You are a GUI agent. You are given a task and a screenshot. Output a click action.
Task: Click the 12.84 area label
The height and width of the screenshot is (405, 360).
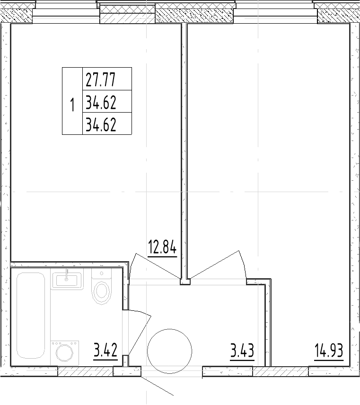[162, 247]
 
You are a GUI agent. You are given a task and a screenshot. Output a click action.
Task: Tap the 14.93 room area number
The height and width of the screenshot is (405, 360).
[328, 352]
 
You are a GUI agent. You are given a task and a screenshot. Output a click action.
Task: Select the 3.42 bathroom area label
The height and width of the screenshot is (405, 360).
[106, 352]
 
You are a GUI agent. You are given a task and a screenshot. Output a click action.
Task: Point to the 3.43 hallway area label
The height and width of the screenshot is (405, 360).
[242, 352]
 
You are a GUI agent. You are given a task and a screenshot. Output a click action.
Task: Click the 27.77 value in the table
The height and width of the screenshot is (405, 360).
[100, 79]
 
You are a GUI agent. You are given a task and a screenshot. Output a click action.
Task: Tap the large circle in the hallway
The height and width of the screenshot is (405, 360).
[169, 351]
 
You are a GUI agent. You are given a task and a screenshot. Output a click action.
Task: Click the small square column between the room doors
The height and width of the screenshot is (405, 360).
[185, 282]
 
